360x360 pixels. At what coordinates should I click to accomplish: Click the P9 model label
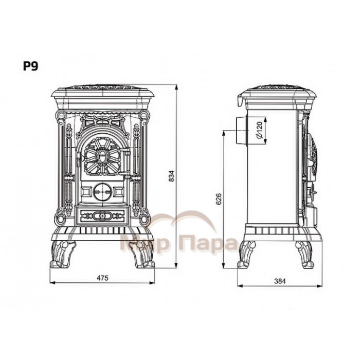pyautogui.click(x=30, y=66)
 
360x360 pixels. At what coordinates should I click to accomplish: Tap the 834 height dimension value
pyautogui.click(x=171, y=176)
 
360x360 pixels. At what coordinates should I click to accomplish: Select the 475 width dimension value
pyautogui.click(x=102, y=278)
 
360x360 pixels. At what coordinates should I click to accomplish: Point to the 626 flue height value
pyautogui.click(x=219, y=199)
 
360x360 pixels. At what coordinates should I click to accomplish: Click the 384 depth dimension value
pyautogui.click(x=280, y=281)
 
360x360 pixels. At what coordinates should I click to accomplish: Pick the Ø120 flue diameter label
pyautogui.click(x=259, y=131)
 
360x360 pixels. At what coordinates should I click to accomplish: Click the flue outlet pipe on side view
pyautogui.click(x=242, y=131)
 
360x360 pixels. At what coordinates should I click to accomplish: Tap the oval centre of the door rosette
pyautogui.click(x=102, y=157)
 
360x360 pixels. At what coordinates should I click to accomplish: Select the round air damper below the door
pyautogui.click(x=102, y=191)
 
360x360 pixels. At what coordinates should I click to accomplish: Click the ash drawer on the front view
pyautogui.click(x=102, y=216)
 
